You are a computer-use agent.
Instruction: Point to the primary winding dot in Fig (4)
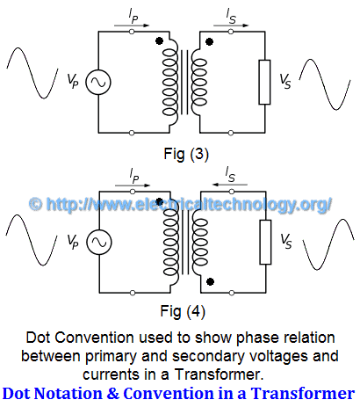click(x=157, y=200)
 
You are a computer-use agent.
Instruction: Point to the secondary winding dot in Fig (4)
click(x=211, y=281)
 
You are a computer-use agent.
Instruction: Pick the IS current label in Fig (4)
click(x=231, y=175)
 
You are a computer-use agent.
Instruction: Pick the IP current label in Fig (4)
click(x=134, y=175)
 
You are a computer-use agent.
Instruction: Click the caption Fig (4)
click(x=179, y=309)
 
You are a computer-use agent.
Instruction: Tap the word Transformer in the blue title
click(x=303, y=392)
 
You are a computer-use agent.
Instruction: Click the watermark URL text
click(x=180, y=204)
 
